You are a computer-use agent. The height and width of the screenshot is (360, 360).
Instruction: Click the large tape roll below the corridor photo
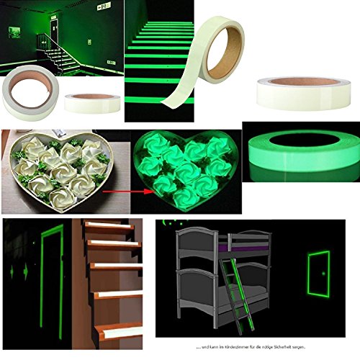click(x=27, y=100)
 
